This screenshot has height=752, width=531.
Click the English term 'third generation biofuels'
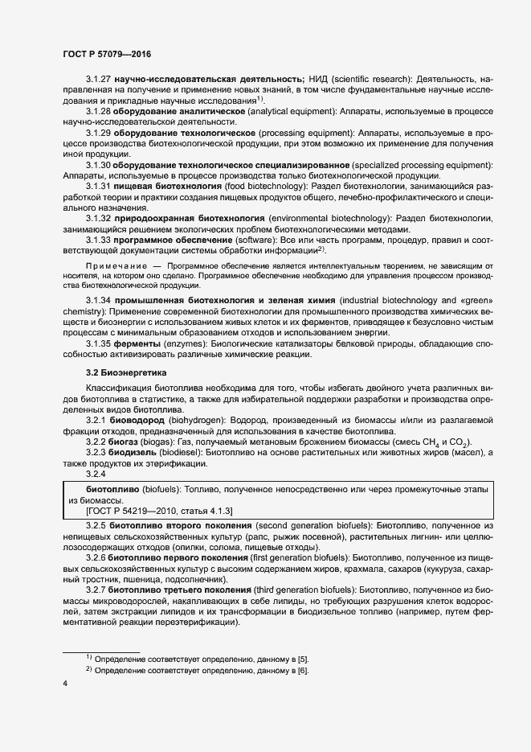click(303, 589)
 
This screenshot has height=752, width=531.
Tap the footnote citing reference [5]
click(202, 659)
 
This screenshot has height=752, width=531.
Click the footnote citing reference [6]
click(202, 671)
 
